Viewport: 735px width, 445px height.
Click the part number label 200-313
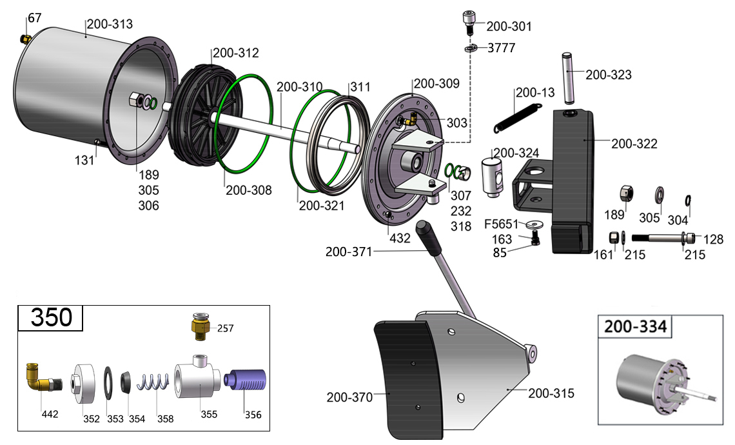110,24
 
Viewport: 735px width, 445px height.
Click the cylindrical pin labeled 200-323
568,78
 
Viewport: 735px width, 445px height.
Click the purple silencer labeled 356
245,379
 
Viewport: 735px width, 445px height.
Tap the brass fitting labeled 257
201,327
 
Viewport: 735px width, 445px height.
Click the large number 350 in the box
51,317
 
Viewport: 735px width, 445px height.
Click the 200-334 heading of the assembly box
635,326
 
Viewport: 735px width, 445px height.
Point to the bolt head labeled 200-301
469,21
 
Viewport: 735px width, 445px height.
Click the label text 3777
501,48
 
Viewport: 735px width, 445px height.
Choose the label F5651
501,224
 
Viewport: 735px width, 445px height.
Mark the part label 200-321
322,205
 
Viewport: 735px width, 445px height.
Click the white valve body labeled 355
197,377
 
